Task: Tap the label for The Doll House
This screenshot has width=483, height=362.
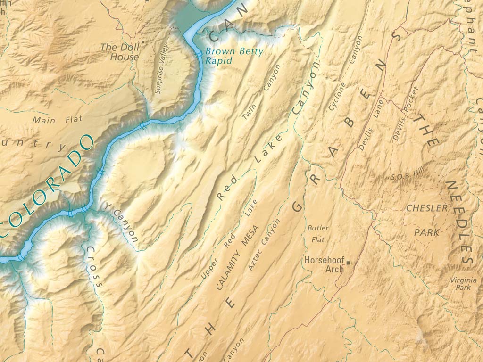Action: coord(119,52)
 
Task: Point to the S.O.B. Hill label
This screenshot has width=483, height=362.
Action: coord(405,176)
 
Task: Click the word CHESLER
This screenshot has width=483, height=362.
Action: coord(427,208)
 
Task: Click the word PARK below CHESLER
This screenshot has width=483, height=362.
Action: coord(427,232)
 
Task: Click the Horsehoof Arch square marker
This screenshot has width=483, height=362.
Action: coord(349,262)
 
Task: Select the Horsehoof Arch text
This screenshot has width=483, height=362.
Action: coord(325,264)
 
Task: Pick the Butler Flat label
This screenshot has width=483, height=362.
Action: coord(318,234)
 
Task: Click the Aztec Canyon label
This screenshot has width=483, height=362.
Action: coord(263,245)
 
